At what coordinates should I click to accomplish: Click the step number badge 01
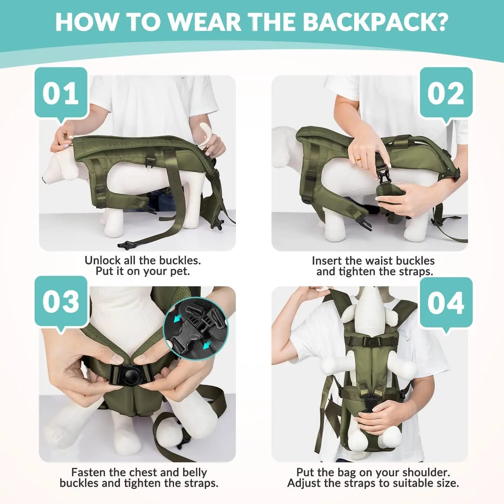[61, 93]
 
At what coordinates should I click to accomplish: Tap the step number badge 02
[446, 93]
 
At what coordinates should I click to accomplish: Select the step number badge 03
[61, 301]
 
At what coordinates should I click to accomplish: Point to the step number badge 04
[446, 303]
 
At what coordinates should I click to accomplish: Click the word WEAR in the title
[204, 22]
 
